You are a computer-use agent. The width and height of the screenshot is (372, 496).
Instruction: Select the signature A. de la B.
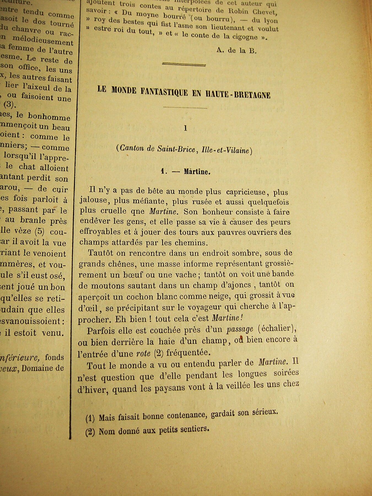(236, 50)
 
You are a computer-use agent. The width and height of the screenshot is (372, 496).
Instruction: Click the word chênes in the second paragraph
(121, 264)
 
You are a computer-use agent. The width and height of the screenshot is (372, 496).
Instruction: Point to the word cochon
(137, 296)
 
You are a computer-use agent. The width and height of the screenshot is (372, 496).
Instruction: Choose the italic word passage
(240, 329)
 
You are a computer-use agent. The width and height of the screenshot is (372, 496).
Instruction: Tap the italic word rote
(143, 353)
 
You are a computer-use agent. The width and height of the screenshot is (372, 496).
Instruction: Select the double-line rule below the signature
(184, 64)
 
